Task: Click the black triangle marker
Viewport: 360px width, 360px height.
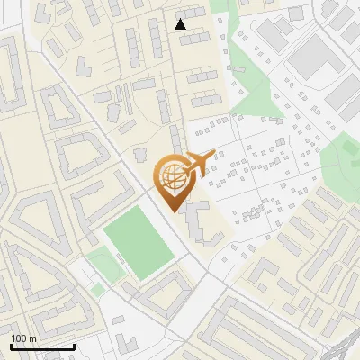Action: (x=181, y=24)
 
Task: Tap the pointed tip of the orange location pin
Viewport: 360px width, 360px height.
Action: (x=171, y=210)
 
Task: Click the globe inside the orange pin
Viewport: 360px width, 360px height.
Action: (x=171, y=177)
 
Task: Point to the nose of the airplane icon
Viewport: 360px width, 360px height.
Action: (x=214, y=153)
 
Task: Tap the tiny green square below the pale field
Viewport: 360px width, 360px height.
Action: (x=97, y=291)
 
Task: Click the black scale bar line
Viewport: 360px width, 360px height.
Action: (x=42, y=346)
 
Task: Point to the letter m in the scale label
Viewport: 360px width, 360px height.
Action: (x=32, y=338)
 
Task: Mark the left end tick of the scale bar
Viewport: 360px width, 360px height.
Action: (x=11, y=345)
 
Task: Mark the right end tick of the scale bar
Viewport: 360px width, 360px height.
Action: (x=74, y=345)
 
